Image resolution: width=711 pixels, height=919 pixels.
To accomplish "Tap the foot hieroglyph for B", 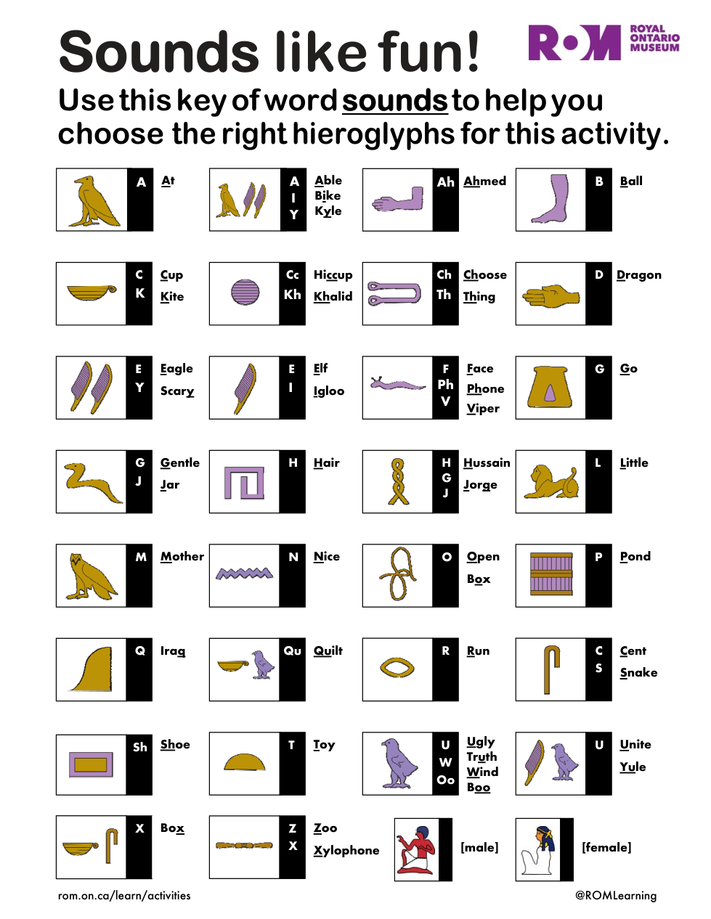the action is (x=550, y=198).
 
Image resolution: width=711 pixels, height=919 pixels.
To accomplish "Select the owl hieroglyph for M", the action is (x=91, y=576).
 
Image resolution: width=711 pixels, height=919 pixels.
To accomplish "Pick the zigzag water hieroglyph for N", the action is (x=245, y=573).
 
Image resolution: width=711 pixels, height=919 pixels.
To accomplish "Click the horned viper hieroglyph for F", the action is (x=397, y=383).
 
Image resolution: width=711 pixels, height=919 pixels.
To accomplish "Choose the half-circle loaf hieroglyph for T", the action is (x=245, y=761).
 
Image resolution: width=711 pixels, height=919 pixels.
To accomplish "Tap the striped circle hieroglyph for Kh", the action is (x=245, y=293).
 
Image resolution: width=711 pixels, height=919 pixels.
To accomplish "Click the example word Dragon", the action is (x=638, y=275).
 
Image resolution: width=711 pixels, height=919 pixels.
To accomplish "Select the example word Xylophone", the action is (x=346, y=850).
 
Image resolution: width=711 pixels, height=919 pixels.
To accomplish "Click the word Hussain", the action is (x=487, y=462).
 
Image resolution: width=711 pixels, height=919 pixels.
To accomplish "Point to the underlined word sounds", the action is (x=394, y=101).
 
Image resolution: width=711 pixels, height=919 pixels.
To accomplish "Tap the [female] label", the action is (x=606, y=847).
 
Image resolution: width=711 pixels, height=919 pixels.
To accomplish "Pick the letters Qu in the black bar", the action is (x=292, y=650).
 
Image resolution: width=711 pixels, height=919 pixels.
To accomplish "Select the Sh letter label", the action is (x=140, y=747).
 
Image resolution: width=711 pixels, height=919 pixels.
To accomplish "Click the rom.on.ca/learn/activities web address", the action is (x=124, y=895).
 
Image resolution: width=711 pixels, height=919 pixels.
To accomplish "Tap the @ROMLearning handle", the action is (x=616, y=895).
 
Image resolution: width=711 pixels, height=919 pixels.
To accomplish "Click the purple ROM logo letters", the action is (x=574, y=42).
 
